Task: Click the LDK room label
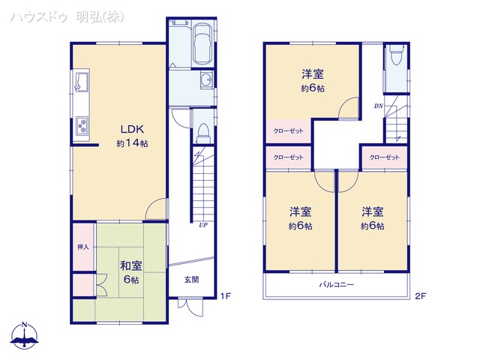pos(132,129)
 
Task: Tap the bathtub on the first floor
pos(202,44)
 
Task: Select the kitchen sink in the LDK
pos(82,82)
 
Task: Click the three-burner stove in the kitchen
pos(82,125)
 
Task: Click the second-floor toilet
pos(397,55)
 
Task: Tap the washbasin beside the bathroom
pos(207,80)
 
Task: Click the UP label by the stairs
pos(203,225)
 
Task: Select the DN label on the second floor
pos(378,106)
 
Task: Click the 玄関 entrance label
pos(192,279)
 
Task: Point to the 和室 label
pos(131,265)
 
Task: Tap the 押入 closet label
pos(83,247)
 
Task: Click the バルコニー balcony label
pos(337,285)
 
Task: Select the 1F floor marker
pos(225,296)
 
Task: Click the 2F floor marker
pos(421,296)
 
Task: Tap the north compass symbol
pos(25,335)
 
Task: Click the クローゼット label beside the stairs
pos(385,157)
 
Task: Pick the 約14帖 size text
pos(132,143)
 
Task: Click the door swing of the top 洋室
pos(349,107)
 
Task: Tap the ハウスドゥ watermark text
pos(39,17)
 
